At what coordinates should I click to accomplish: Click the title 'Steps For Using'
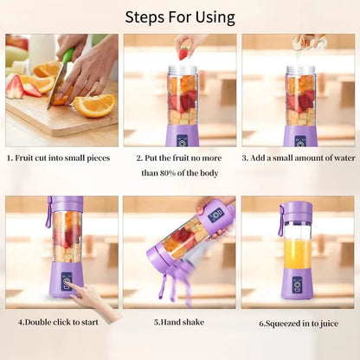[180, 16]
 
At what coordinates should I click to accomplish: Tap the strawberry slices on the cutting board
[23, 87]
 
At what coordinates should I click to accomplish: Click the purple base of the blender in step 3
[300, 134]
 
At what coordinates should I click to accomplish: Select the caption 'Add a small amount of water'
[299, 158]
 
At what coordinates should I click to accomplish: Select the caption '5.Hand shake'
[180, 322]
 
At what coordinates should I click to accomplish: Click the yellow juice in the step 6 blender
[297, 254]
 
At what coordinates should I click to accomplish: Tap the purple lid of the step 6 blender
[297, 209]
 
